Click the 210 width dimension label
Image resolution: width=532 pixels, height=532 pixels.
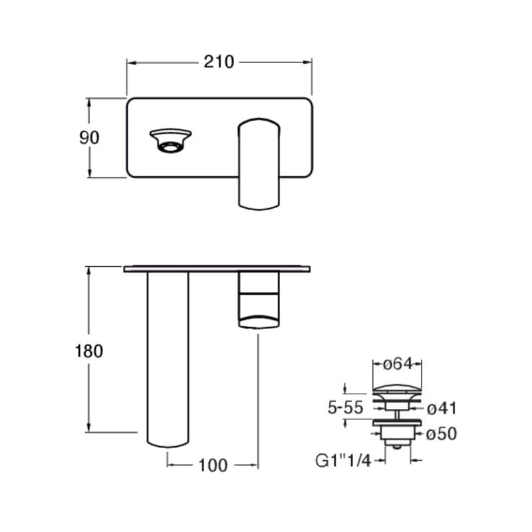pos(219,62)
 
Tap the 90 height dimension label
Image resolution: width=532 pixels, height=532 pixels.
pos(89,138)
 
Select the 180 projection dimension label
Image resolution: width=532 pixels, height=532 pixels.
pos(89,351)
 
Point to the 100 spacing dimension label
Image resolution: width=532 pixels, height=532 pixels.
pos(213,465)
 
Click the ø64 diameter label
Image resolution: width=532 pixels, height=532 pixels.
pos(398,364)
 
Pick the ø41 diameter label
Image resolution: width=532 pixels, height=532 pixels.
pos(442,408)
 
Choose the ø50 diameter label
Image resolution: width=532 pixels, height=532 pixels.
pos(442,434)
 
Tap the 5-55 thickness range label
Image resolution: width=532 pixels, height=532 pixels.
pos(345,408)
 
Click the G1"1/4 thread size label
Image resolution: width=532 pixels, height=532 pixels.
pos(343,461)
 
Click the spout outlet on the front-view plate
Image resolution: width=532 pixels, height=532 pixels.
pos(170,141)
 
